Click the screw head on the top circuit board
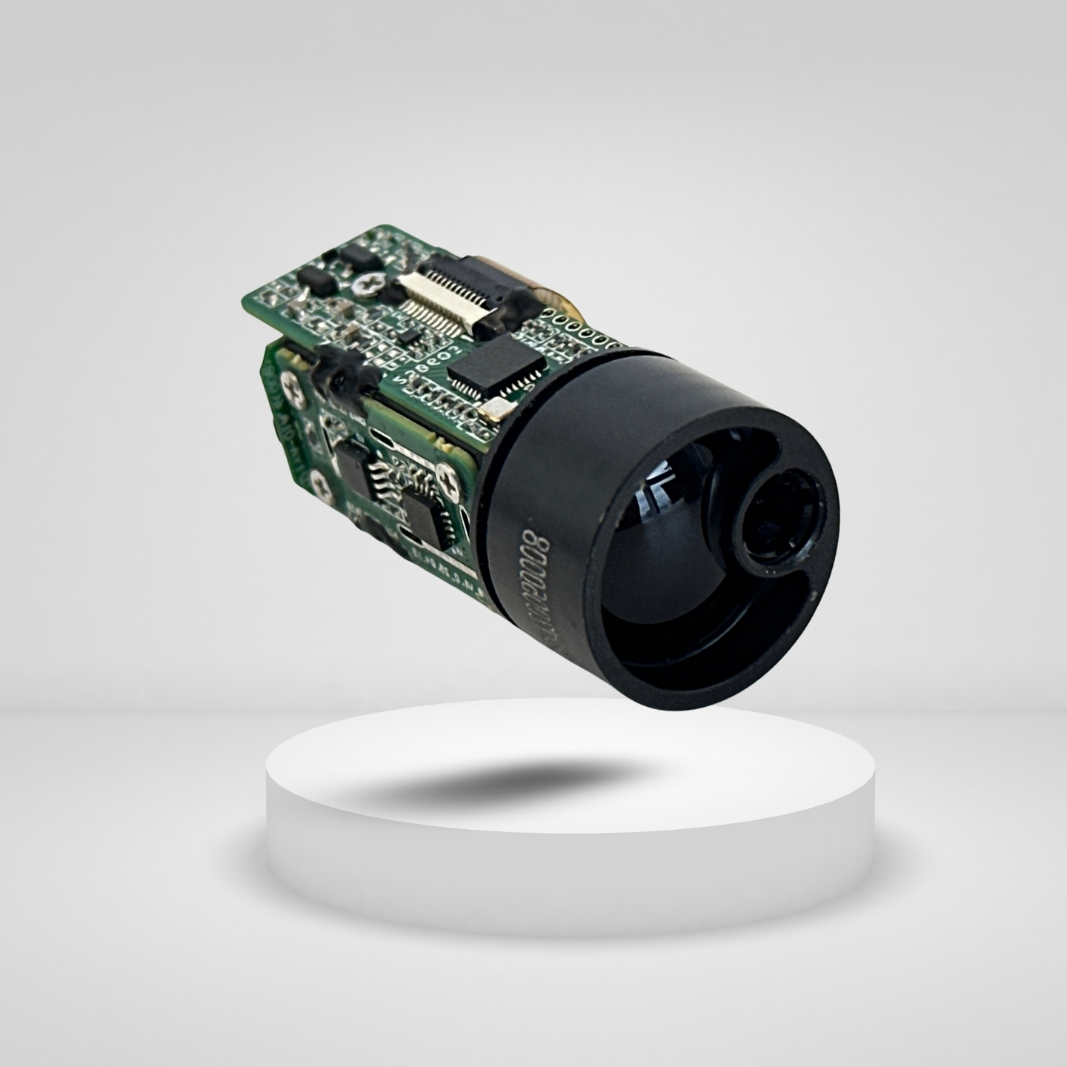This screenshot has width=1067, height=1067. coord(370,282)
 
